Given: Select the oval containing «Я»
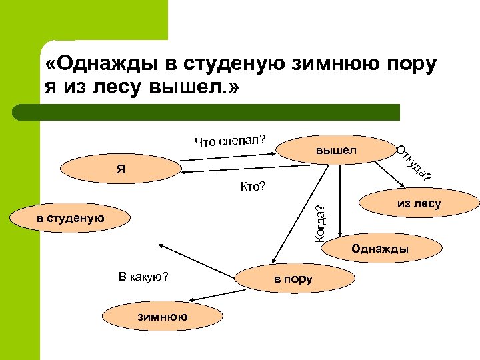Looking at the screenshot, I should pos(119,168).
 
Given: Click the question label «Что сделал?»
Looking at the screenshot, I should pos(231,139).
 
